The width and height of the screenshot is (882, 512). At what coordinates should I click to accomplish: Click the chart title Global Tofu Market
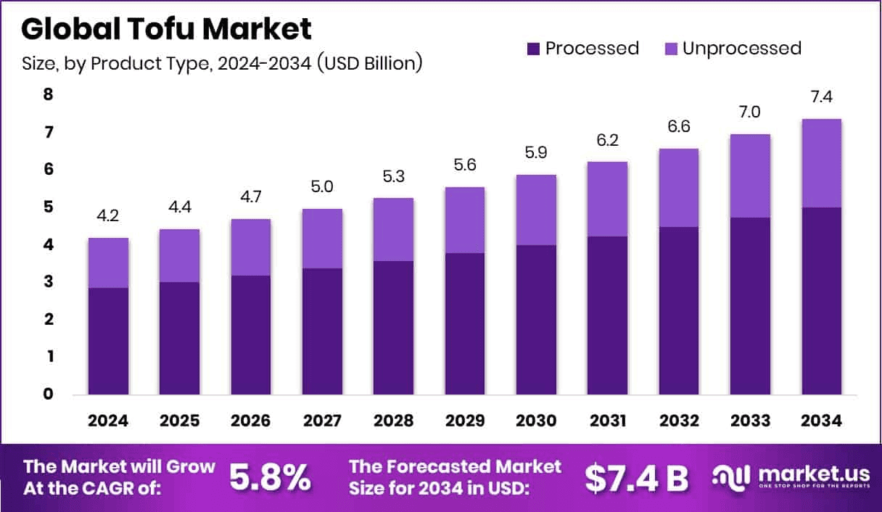point(166,28)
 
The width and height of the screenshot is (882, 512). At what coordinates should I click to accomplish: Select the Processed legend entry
point(583,49)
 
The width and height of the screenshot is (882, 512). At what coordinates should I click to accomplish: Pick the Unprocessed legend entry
point(733,49)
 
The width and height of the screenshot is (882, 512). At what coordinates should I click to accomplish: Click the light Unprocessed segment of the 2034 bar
point(822,163)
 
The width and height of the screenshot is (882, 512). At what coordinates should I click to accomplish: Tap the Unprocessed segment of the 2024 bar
point(109,263)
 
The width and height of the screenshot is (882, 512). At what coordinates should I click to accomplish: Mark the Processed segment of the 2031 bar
point(607,315)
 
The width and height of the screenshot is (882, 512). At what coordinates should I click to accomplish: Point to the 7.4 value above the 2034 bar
point(822,97)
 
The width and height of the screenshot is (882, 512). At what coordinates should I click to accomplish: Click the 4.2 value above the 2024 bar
point(109,216)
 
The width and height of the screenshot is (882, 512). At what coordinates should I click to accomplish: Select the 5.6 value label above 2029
point(465,165)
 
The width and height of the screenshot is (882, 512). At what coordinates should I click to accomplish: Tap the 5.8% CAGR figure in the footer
point(270,476)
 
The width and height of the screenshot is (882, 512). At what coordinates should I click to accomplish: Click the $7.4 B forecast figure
point(635,476)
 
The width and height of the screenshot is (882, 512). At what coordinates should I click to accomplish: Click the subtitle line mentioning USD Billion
point(222,63)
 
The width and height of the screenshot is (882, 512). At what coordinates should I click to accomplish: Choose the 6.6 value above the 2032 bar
point(678,127)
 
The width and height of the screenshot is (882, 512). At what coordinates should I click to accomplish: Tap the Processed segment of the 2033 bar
point(750,305)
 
